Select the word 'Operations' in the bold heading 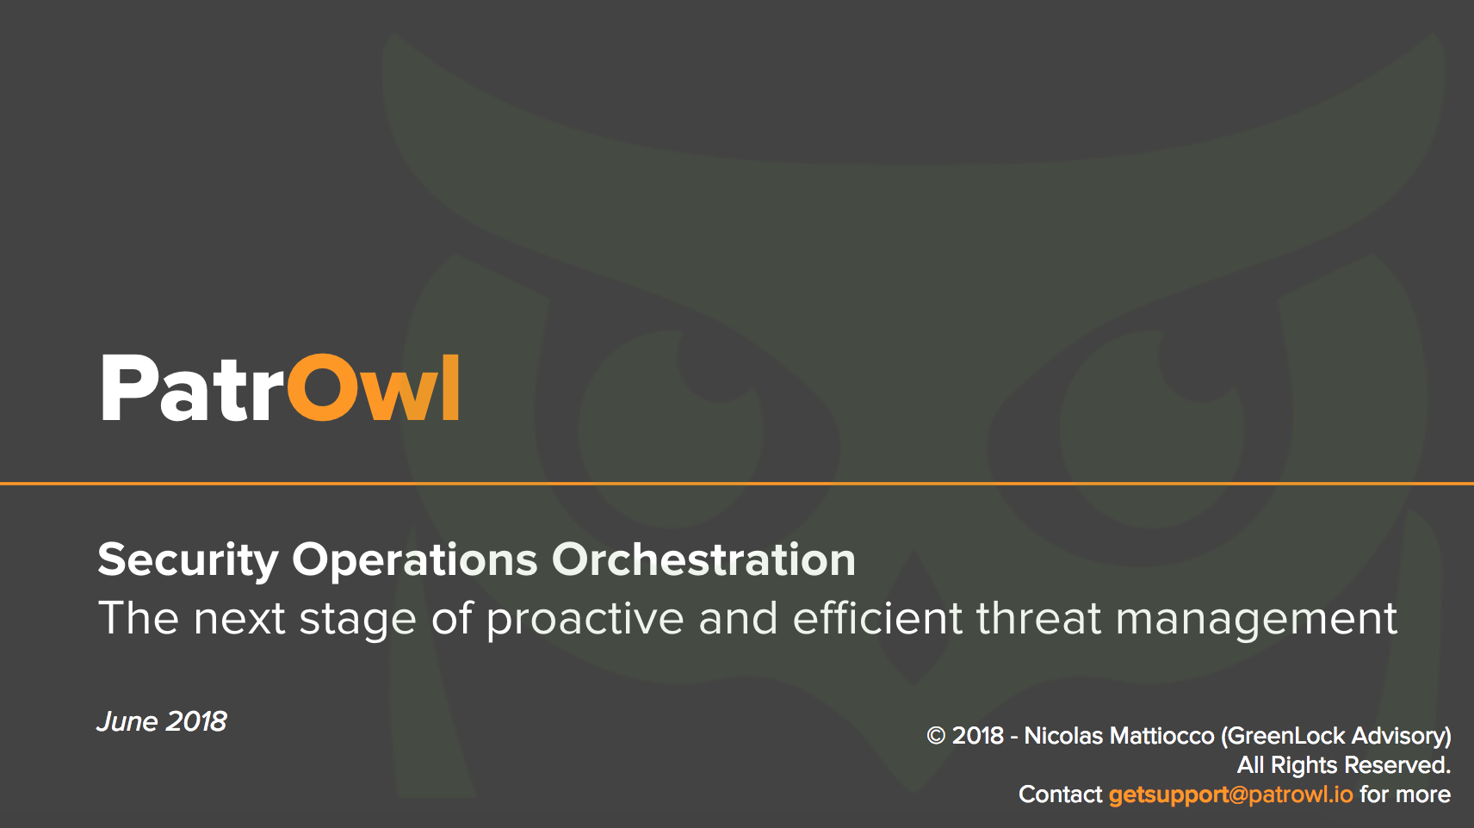(x=415, y=560)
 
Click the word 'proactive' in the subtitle (x=585, y=620)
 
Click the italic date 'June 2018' (x=162, y=721)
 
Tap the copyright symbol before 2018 (x=936, y=735)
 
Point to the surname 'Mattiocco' (x=1162, y=735)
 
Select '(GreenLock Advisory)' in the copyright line (x=1336, y=736)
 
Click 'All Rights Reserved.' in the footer (x=1344, y=765)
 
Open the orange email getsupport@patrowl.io (x=1230, y=794)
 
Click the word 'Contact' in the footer (x=1060, y=794)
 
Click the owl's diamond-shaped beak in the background (x=914, y=618)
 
